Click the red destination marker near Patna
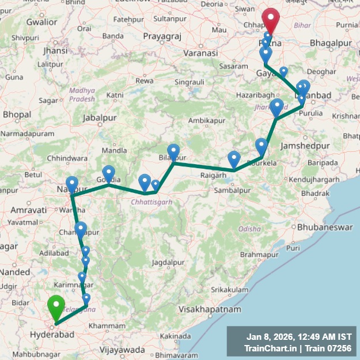270,21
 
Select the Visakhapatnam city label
210,309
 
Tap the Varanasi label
201,53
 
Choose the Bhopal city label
17,115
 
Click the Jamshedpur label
302,146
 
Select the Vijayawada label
122,350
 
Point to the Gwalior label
41,22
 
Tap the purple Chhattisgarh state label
151,202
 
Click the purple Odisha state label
249,229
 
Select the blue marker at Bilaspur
173,151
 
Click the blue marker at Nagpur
72,184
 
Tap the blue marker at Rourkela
262,146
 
